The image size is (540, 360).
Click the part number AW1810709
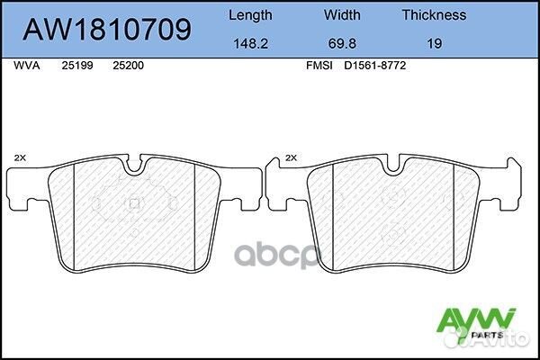(107, 30)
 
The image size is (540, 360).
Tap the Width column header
(342, 14)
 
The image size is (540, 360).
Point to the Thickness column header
(433, 14)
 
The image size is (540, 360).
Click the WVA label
(27, 66)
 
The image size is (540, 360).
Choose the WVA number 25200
(127, 66)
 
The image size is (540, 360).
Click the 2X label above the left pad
(20, 157)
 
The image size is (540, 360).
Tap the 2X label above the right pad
(290, 157)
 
